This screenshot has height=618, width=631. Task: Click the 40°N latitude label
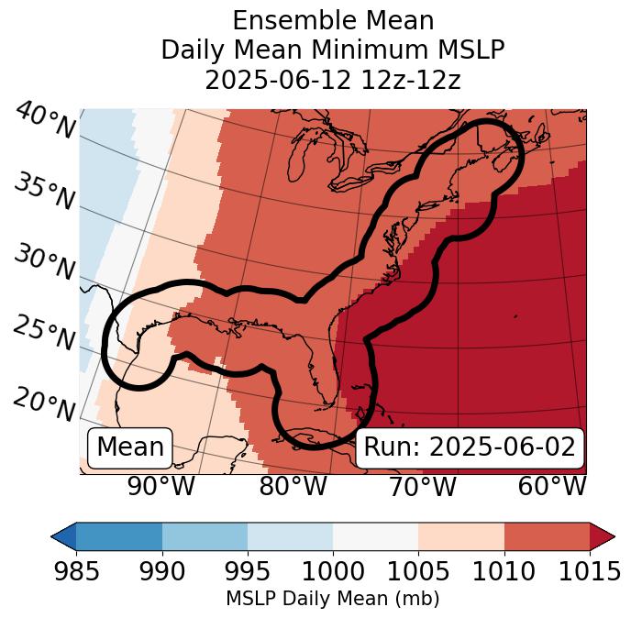tap(45, 122)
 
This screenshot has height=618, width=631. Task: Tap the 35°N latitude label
tap(43, 192)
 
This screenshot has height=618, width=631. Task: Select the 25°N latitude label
tap(43, 335)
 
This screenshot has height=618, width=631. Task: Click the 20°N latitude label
tap(43, 404)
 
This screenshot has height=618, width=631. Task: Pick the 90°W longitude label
tap(161, 487)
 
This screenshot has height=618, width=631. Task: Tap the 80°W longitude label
tap(293, 487)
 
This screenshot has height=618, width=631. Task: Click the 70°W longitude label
tap(421, 487)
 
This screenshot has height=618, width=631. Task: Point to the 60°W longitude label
tap(551, 487)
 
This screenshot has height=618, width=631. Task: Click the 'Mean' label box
tap(130, 447)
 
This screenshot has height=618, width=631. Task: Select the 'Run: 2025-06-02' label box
tap(470, 447)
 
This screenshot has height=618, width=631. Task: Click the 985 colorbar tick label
tap(76, 571)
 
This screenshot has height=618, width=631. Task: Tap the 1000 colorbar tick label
tap(333, 571)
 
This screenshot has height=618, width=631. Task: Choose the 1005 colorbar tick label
tap(418, 571)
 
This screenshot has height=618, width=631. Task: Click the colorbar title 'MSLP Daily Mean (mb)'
tap(332, 600)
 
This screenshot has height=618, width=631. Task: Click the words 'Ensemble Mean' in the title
tap(332, 20)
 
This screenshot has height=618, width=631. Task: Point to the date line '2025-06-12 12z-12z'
tap(332, 80)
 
